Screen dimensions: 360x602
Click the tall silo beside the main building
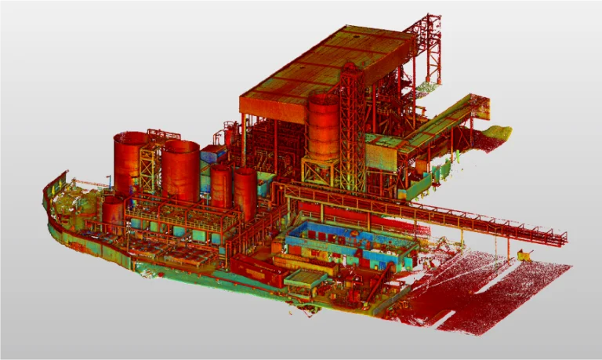[322, 125]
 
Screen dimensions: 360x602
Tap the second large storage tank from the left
[181, 170]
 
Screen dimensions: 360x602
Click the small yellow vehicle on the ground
[524, 253]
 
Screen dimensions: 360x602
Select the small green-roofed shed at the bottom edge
[304, 278]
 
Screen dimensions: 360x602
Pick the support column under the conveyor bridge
[462, 236]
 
